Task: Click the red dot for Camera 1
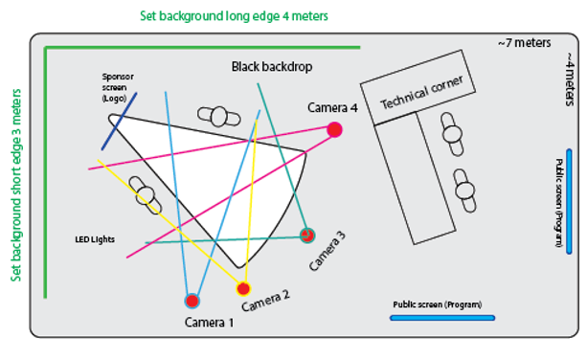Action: pos(192,301)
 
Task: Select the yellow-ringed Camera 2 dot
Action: pos(243,289)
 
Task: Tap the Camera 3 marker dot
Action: pos(307,236)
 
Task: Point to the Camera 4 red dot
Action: pos(334,130)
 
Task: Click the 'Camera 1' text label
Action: pos(210,323)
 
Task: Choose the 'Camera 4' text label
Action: pos(332,108)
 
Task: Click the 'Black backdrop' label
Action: pos(272,67)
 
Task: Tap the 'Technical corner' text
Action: pos(422,92)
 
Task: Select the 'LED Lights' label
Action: pos(95,239)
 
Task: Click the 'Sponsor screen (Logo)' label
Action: pos(118,87)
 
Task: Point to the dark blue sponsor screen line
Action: pos(119,122)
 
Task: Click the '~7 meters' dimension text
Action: pos(524,43)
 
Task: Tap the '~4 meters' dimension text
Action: pos(570,79)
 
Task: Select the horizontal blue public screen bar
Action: pos(442,318)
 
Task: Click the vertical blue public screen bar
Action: pos(569,202)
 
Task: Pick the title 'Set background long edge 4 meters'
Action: pos(234,16)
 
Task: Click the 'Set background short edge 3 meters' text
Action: pos(16,185)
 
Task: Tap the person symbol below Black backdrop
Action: pos(219,117)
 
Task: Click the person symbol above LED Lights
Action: pos(146,195)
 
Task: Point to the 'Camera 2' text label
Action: pos(265,301)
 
